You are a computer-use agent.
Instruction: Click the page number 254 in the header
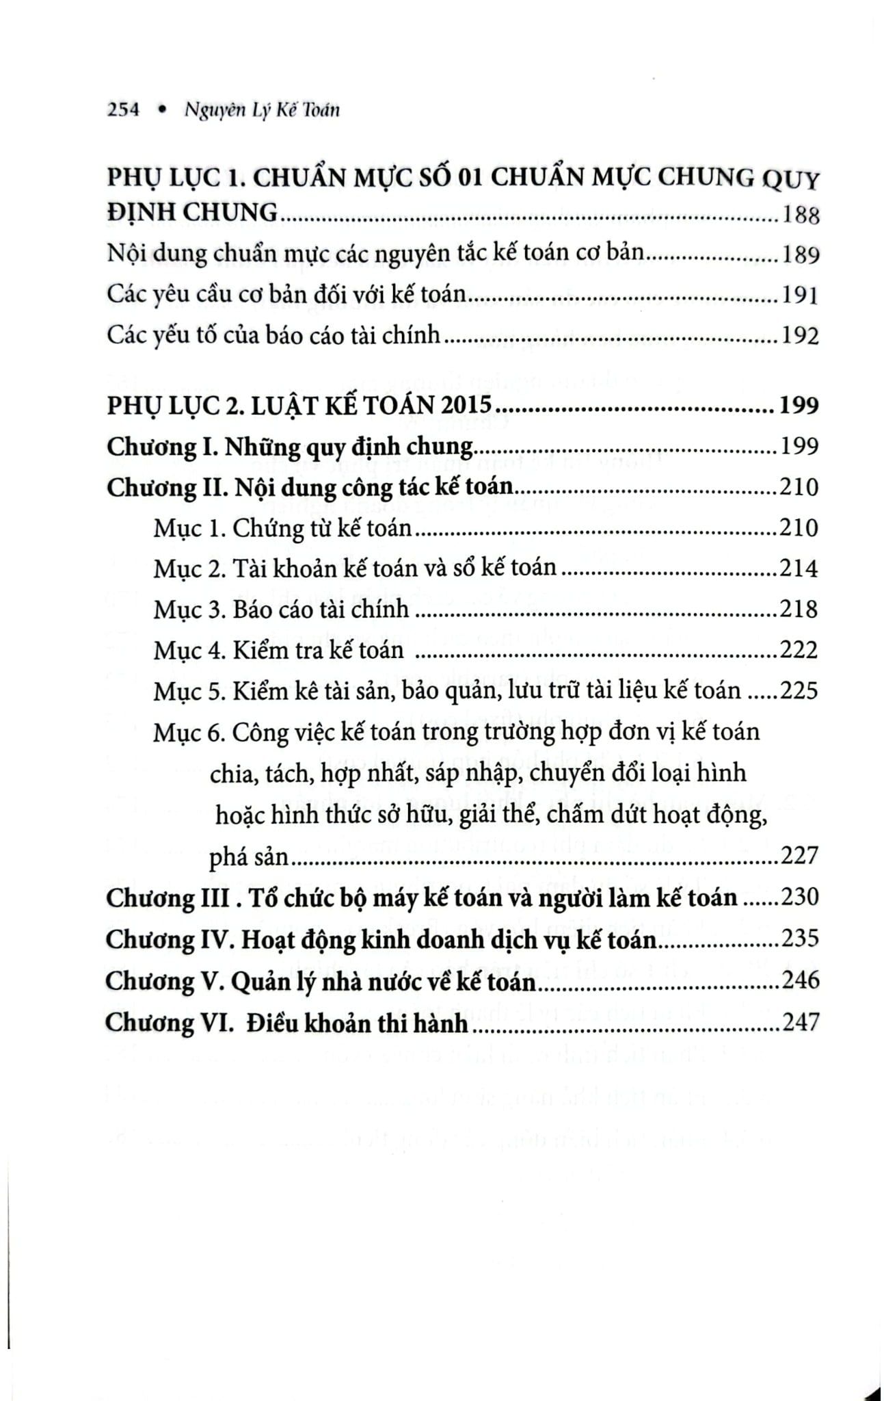(x=124, y=110)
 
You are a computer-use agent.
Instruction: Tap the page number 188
(x=800, y=215)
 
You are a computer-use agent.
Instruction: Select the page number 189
(x=800, y=255)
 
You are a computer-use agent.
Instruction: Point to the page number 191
(x=800, y=296)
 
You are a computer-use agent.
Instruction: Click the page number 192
(x=800, y=337)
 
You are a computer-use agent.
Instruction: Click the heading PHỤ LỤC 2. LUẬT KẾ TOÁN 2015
(x=299, y=406)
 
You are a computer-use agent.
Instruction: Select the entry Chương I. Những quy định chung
(x=290, y=447)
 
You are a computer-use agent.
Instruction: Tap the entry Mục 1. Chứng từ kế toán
(x=283, y=528)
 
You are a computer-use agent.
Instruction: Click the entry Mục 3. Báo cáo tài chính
(x=282, y=610)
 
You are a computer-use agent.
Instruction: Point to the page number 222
(x=799, y=650)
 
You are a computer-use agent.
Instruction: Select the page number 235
(x=799, y=939)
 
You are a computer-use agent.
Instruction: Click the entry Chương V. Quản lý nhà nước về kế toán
(x=320, y=982)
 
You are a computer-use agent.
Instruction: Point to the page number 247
(x=799, y=1023)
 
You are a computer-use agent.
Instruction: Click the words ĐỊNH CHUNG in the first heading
(x=193, y=213)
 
